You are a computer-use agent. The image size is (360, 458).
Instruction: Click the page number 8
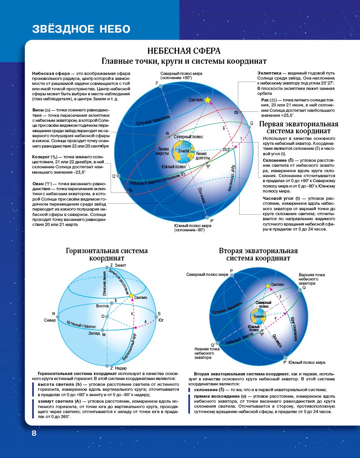(x=34, y=433)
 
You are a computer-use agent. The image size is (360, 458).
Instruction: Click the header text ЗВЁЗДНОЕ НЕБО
(x=81, y=29)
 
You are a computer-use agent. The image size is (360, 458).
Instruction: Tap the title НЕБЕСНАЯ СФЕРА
(x=184, y=51)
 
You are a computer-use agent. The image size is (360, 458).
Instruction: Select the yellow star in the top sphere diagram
(x=208, y=100)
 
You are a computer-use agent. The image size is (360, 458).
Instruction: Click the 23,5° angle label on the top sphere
(x=226, y=150)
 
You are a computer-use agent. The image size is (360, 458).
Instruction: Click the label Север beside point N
(x=50, y=320)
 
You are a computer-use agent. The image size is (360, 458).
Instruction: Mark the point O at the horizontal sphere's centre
(x=103, y=316)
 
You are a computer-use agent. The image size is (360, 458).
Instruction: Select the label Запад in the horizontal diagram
(x=94, y=333)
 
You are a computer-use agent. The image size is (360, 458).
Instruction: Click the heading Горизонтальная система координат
(x=107, y=255)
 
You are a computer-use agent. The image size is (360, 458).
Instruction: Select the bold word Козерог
(x=41, y=156)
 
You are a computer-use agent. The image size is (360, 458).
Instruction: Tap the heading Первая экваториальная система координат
(x=298, y=128)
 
